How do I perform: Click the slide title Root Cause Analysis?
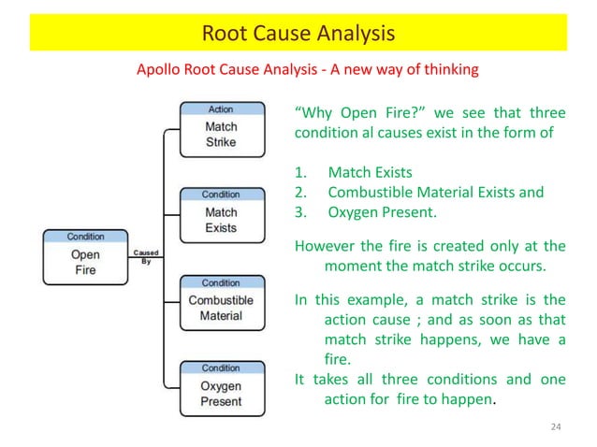coord(298,35)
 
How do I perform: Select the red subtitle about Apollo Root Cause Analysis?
coord(308,69)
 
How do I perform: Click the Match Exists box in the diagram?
coord(221,221)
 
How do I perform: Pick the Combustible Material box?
coord(221,308)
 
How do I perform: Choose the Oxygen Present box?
coord(221,395)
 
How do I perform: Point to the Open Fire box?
coord(85,263)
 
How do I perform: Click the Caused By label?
coord(145,256)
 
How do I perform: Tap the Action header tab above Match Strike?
coord(221,109)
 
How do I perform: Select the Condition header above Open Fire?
coord(85,237)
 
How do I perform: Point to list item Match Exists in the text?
coord(370,173)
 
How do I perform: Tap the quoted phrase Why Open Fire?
coord(351,114)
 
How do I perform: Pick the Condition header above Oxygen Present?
coord(221,368)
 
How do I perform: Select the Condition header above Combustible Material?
coord(221,281)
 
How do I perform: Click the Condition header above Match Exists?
coord(221,195)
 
